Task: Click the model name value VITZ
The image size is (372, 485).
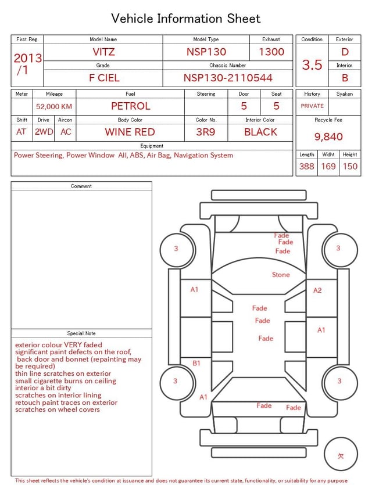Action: coord(103,52)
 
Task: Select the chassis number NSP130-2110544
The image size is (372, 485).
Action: coord(228,78)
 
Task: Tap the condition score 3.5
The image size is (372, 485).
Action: coord(312,64)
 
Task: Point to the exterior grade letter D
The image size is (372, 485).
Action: coord(345,52)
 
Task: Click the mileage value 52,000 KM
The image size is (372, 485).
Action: coord(54,107)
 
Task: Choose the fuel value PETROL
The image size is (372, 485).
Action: coord(131,106)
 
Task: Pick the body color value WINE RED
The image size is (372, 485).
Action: coord(130,132)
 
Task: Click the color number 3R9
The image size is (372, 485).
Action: coord(206,132)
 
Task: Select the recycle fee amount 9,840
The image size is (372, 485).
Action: coord(328,136)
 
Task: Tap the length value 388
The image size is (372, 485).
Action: coord(307,166)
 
